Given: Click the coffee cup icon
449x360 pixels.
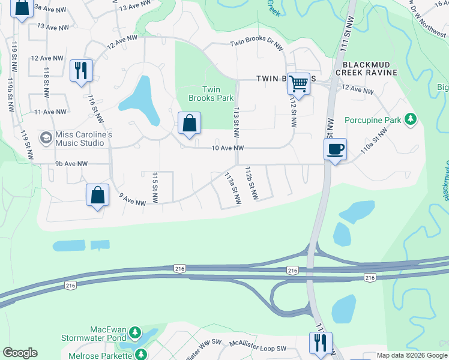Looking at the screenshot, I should click(x=335, y=148).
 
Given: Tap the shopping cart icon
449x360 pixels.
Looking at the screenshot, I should click(x=298, y=83).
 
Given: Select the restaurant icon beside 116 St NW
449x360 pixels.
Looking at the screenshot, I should click(x=80, y=70).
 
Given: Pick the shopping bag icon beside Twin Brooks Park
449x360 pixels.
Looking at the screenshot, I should click(x=189, y=124).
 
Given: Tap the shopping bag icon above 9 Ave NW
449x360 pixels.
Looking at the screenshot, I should click(x=97, y=195).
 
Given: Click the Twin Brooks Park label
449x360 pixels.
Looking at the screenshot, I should click(x=211, y=94).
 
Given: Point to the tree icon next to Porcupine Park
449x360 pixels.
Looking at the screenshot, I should click(x=411, y=119).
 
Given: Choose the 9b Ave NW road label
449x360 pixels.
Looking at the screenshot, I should click(x=71, y=164).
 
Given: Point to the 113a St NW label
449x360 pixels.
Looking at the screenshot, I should click(x=232, y=188).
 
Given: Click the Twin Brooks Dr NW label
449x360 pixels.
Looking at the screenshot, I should click(x=256, y=45).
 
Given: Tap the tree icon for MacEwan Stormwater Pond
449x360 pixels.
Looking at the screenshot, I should click(x=136, y=331).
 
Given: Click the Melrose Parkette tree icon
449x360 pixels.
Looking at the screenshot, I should click(x=141, y=354).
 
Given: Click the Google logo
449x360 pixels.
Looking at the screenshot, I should click(x=20, y=353).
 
